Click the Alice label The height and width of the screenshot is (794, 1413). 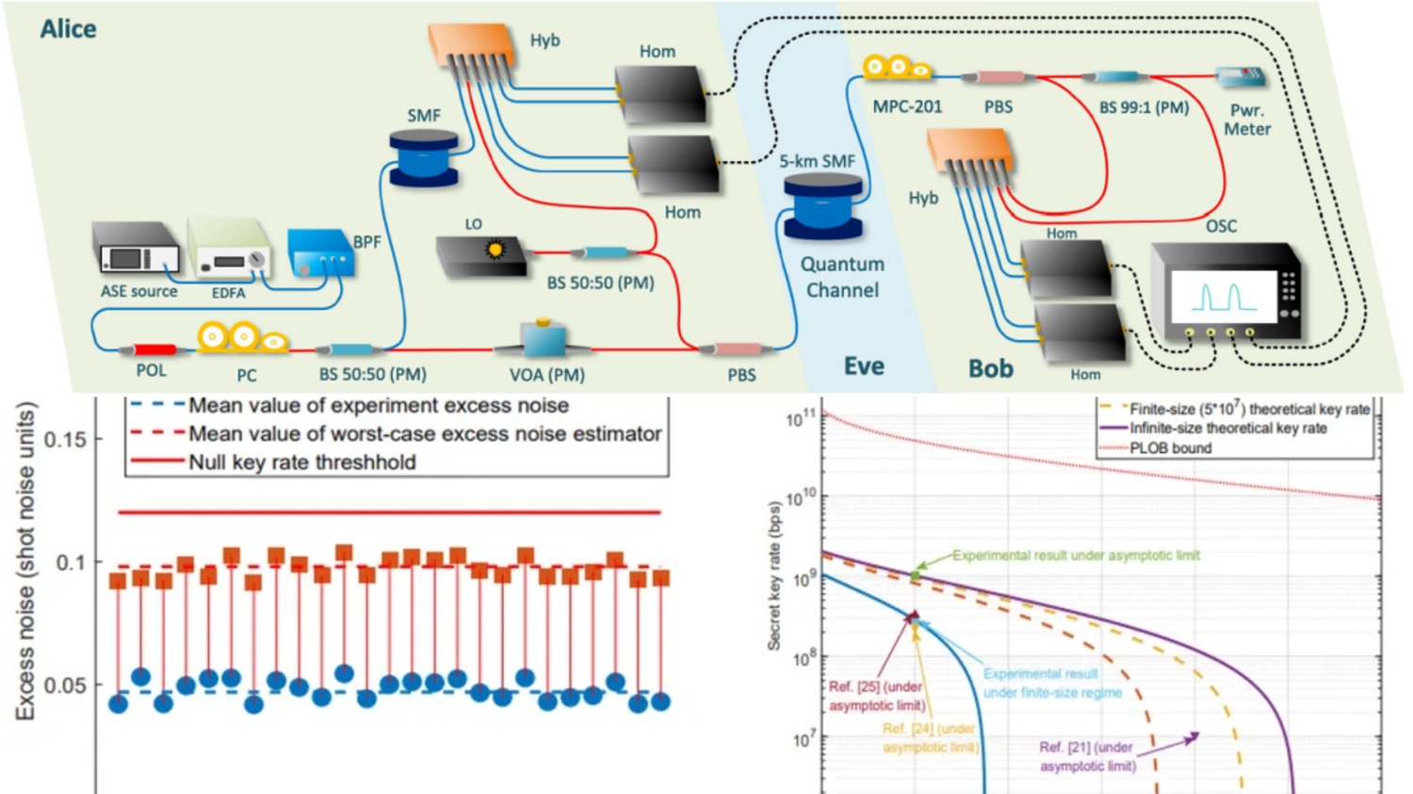pos(68,29)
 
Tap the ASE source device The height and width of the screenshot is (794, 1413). pos(137,248)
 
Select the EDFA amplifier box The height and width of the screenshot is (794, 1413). pos(229,249)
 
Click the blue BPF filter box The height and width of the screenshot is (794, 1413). pos(320,253)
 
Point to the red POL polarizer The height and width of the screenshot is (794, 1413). pos(154,350)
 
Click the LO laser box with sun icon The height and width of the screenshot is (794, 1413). pos(482,255)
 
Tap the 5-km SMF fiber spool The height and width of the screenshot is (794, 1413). pos(822,205)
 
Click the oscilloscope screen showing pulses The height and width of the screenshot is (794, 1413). pos(1224,297)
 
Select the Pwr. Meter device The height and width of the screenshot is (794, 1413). pos(1241,78)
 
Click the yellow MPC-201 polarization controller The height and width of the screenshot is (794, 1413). pos(897,68)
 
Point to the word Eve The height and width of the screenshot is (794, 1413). pos(864,366)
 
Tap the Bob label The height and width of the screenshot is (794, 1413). pos(991,368)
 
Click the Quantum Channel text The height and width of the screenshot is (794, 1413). pos(842,277)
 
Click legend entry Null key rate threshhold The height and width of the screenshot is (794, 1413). pos(301,462)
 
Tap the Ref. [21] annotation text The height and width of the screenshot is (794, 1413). pos(1087,756)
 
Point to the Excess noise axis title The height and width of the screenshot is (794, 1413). pos(25,562)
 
